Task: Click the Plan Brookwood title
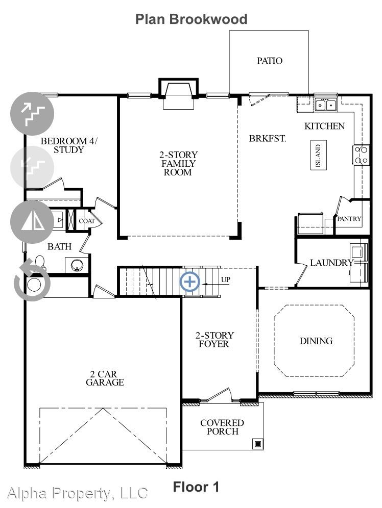tap(191, 19)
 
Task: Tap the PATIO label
tap(270, 61)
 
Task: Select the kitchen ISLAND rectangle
tap(319, 155)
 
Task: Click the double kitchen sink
tap(326, 105)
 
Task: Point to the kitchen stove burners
tap(361, 155)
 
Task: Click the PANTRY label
tap(349, 219)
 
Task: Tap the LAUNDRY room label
tap(331, 263)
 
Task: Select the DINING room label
tap(316, 341)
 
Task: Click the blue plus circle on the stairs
tap(189, 282)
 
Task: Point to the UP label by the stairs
tap(226, 280)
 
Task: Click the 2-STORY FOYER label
tap(214, 340)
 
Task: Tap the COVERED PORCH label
tap(222, 427)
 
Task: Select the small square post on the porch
tap(258, 444)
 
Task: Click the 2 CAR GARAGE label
tap(105, 378)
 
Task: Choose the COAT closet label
tap(87, 221)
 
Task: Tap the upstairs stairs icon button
tap(32, 114)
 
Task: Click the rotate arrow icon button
tap(32, 280)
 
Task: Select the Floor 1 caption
tap(196, 487)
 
